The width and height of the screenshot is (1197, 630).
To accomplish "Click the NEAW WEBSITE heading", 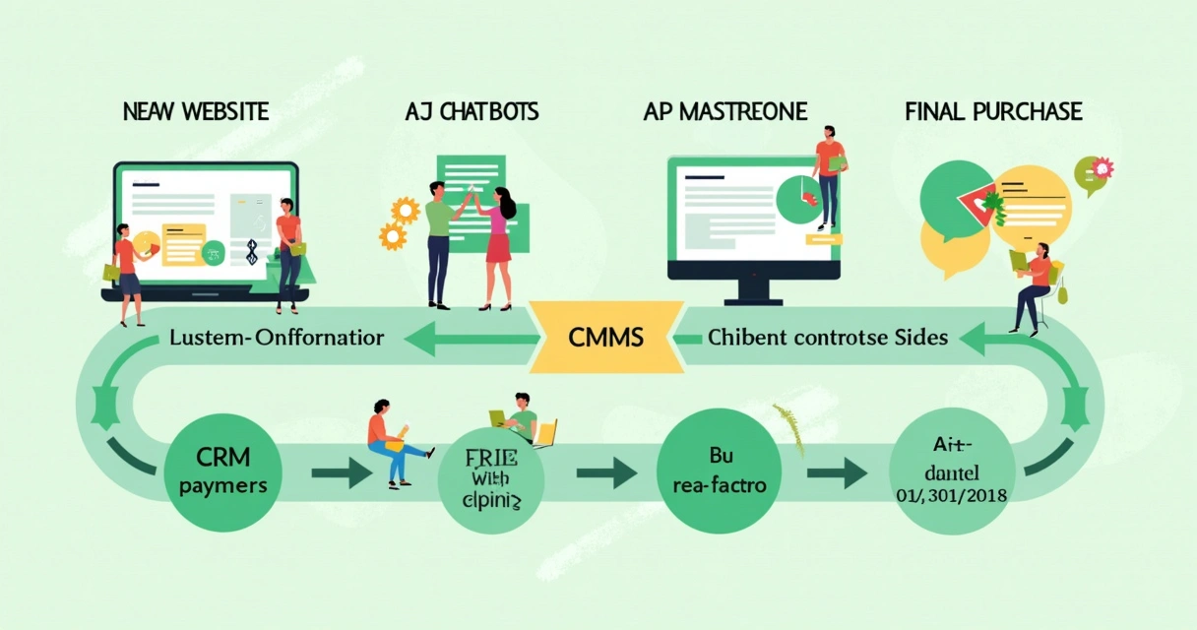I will [x=195, y=111].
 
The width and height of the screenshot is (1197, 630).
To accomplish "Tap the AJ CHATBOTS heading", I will [x=472, y=111].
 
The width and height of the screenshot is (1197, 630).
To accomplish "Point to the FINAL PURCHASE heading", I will [x=992, y=111].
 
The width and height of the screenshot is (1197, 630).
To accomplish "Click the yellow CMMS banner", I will [x=605, y=338].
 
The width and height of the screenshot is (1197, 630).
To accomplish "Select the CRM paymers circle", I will [x=221, y=472].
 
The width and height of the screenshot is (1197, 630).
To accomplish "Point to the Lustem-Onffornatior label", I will [x=277, y=338].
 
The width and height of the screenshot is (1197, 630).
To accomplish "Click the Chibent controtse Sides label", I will [x=828, y=338].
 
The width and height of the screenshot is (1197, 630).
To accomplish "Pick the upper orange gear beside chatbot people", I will [x=405, y=210].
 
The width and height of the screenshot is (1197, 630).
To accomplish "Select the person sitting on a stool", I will [x=1033, y=285].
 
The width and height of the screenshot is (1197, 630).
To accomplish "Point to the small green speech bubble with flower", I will [x=1092, y=172].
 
